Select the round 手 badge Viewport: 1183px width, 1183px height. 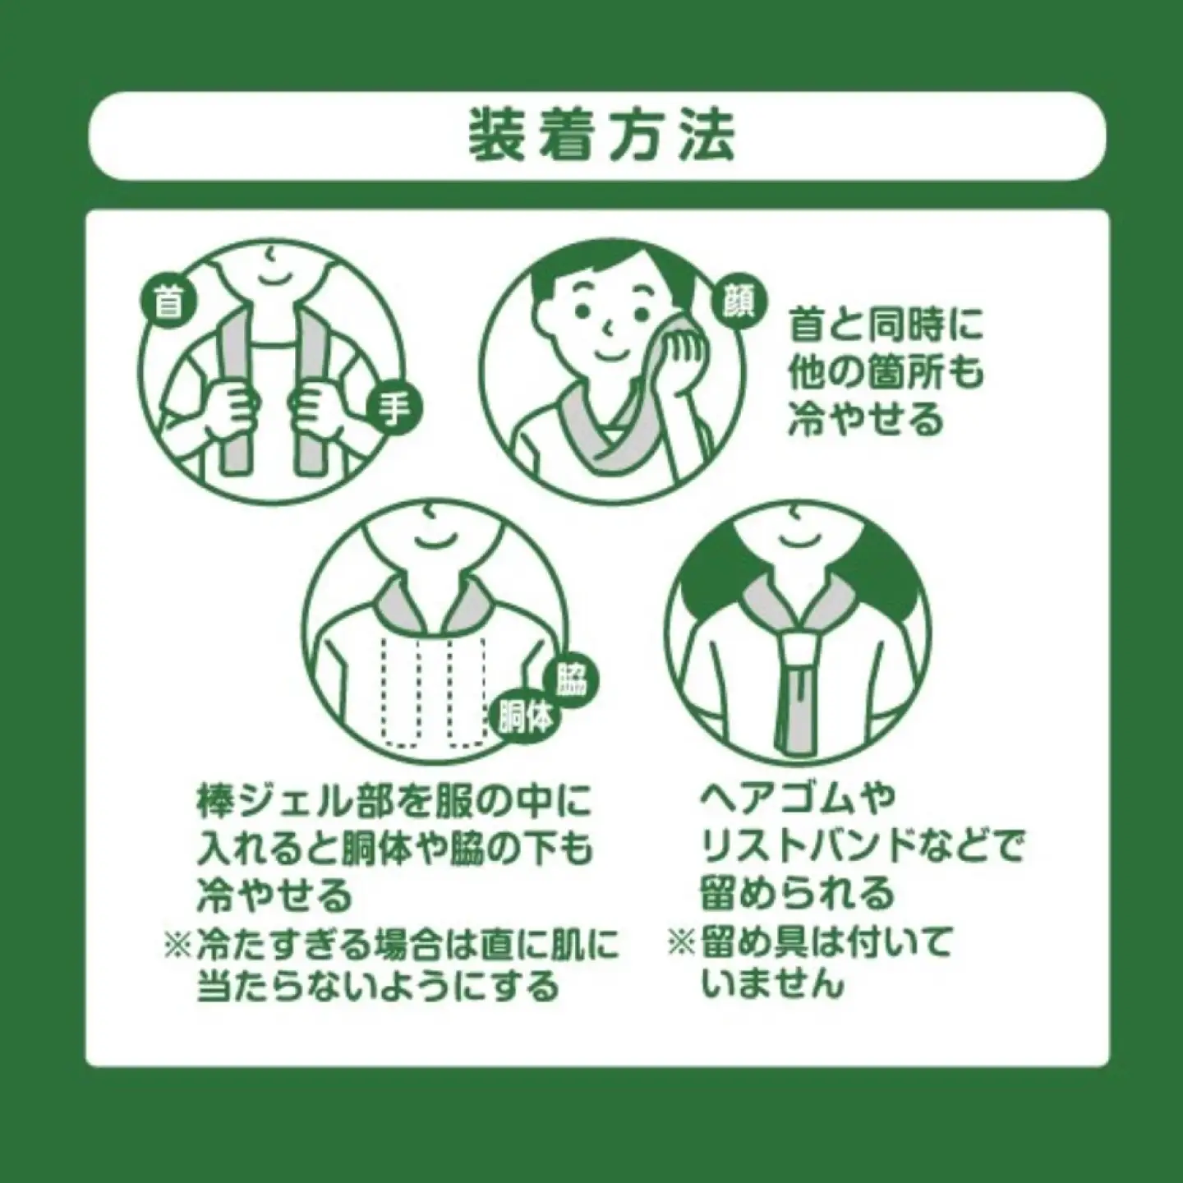coord(393,410)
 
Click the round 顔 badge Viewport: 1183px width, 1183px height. coord(739,303)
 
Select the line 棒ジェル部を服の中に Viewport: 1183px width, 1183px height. coord(394,802)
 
